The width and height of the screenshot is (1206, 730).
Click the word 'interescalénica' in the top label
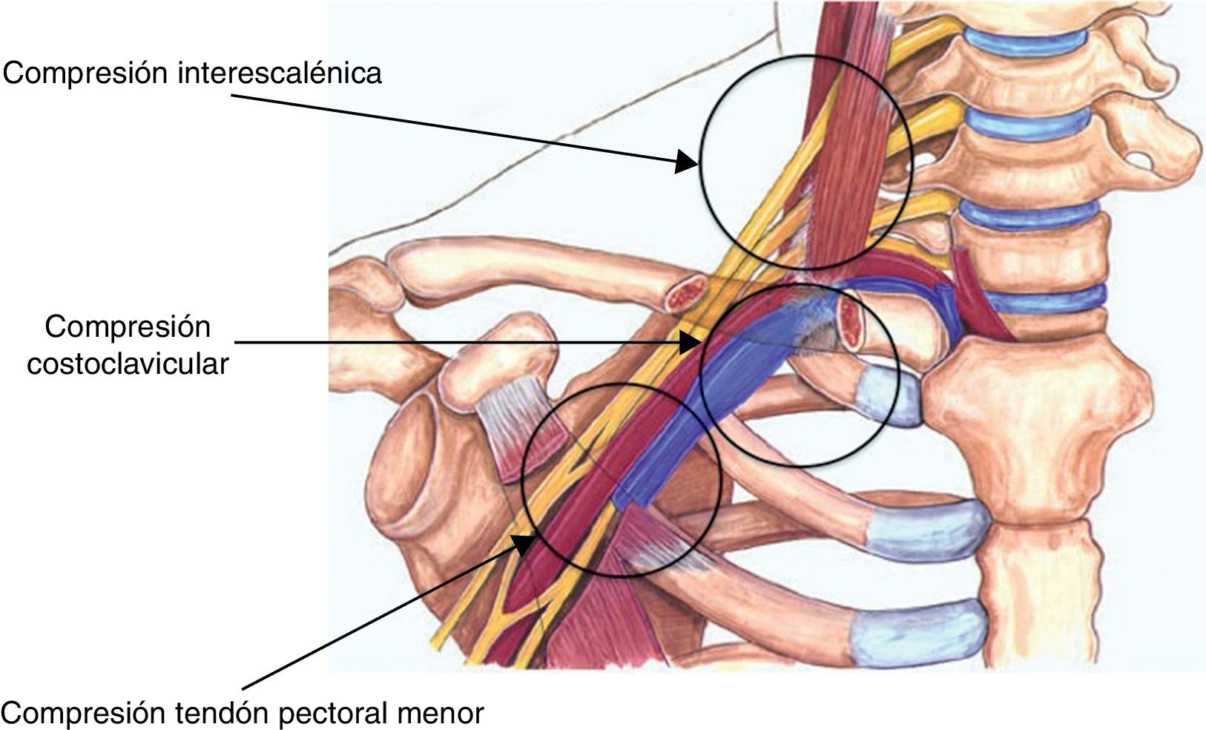[x=280, y=73]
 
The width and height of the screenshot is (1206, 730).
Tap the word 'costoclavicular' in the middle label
[x=128, y=364]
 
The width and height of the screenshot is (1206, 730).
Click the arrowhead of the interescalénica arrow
[x=687, y=162]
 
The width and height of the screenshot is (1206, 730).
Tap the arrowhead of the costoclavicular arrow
[x=691, y=342]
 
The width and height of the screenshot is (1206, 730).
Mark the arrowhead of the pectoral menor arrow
[x=521, y=545]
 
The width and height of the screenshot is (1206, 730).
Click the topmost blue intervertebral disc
[x=1021, y=42]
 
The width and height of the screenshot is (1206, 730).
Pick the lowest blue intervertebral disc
[x=1046, y=300]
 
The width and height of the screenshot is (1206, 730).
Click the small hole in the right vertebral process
[x=1137, y=157]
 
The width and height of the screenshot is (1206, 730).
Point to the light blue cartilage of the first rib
[x=890, y=395]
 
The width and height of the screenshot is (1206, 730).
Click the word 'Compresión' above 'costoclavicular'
[x=128, y=326]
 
